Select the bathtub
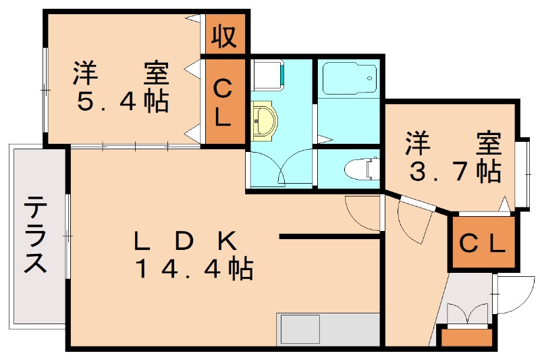point(348,80)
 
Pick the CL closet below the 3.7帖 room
point(483,242)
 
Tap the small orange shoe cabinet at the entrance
point(466,336)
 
